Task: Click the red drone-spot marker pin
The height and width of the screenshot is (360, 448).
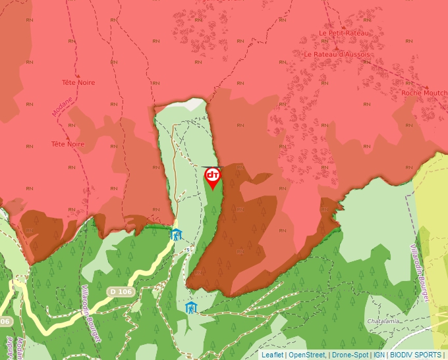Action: coord(212,177)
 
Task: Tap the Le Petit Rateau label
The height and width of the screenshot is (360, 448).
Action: coord(344,32)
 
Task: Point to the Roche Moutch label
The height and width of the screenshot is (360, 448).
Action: coord(424,93)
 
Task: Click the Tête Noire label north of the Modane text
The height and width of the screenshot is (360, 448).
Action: coord(78,82)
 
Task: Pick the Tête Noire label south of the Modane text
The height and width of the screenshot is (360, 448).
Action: coord(68,143)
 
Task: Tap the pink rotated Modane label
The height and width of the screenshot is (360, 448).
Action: coord(61,104)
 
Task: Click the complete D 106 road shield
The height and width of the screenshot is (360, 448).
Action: coord(121,292)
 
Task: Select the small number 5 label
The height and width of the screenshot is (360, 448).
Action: coord(188,249)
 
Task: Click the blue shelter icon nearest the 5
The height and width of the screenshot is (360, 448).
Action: coord(176,234)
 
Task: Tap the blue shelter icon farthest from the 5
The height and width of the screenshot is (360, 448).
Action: coord(191,307)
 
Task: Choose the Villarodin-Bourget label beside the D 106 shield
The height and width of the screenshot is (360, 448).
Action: coord(90,313)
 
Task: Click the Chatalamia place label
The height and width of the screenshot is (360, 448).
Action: coord(384,321)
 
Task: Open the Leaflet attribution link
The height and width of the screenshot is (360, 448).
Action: coord(272,355)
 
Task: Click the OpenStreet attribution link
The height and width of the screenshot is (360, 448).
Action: coord(307,355)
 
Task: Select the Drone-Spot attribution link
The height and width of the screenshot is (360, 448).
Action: coord(350,355)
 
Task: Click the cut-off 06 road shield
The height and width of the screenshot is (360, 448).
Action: coord(5,321)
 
